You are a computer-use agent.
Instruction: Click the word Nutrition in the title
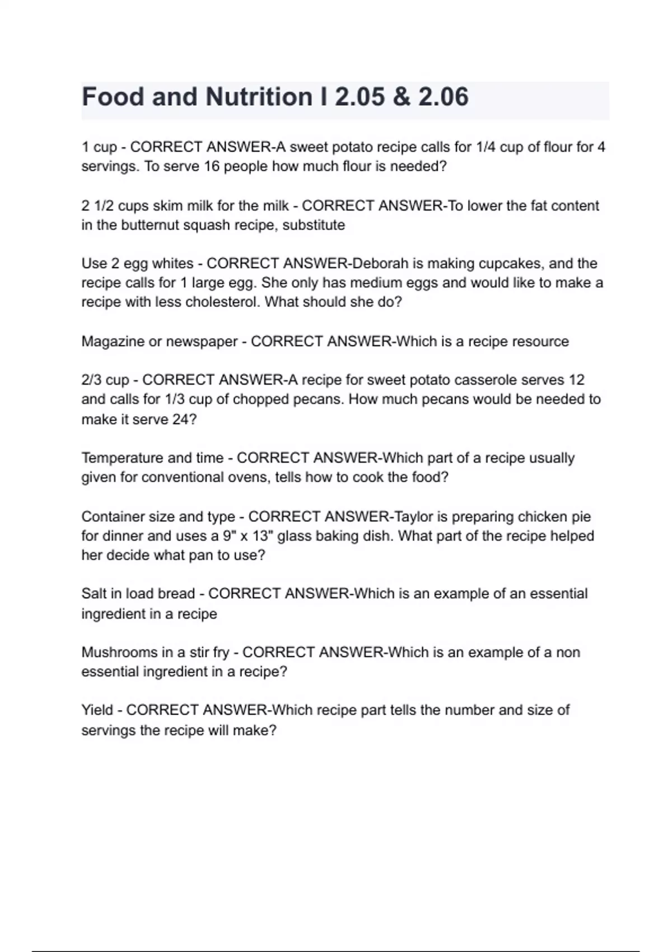259,97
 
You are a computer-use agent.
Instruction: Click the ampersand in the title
402,97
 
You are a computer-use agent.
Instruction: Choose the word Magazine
113,341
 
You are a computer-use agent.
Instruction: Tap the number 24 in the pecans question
181,419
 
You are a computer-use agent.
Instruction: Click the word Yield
97,710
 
